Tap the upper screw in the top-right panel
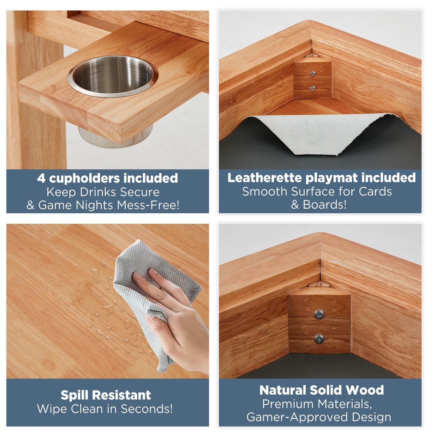click(312, 73)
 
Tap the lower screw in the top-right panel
click(312, 88)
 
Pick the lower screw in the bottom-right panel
click(319, 339)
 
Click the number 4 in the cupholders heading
click(41, 178)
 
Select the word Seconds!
click(147, 409)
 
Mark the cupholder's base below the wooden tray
click(115, 137)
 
